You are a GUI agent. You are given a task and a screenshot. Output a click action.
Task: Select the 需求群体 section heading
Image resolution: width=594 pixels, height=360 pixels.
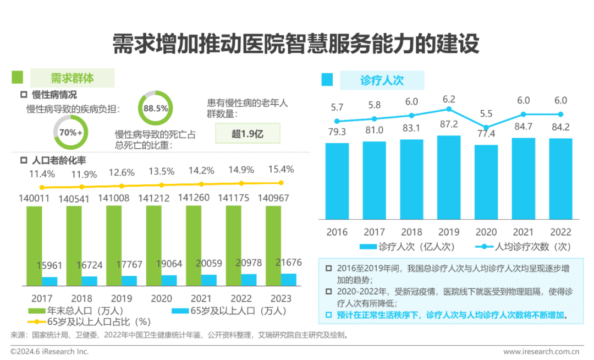coord(72,78)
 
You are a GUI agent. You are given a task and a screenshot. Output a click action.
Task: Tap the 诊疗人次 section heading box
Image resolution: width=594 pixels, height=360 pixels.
coord(382,80)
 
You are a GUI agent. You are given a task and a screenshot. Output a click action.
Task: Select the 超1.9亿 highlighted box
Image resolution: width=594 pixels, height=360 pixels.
coord(247,133)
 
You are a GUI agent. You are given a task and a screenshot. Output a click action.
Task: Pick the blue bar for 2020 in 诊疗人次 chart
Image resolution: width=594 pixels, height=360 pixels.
coord(486,182)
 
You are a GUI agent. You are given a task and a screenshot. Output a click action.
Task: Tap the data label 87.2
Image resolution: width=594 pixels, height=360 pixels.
coord(449,124)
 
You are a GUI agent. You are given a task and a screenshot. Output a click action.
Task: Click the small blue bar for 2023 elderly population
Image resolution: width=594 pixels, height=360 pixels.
coord(288,280)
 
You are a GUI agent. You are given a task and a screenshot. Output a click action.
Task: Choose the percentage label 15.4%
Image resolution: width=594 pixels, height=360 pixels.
coord(280,169)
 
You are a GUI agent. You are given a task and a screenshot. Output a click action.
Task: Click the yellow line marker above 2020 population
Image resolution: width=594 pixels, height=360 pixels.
coord(161,186)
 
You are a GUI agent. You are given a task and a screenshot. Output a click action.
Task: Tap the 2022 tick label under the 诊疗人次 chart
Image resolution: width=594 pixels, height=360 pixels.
coord(560,232)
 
